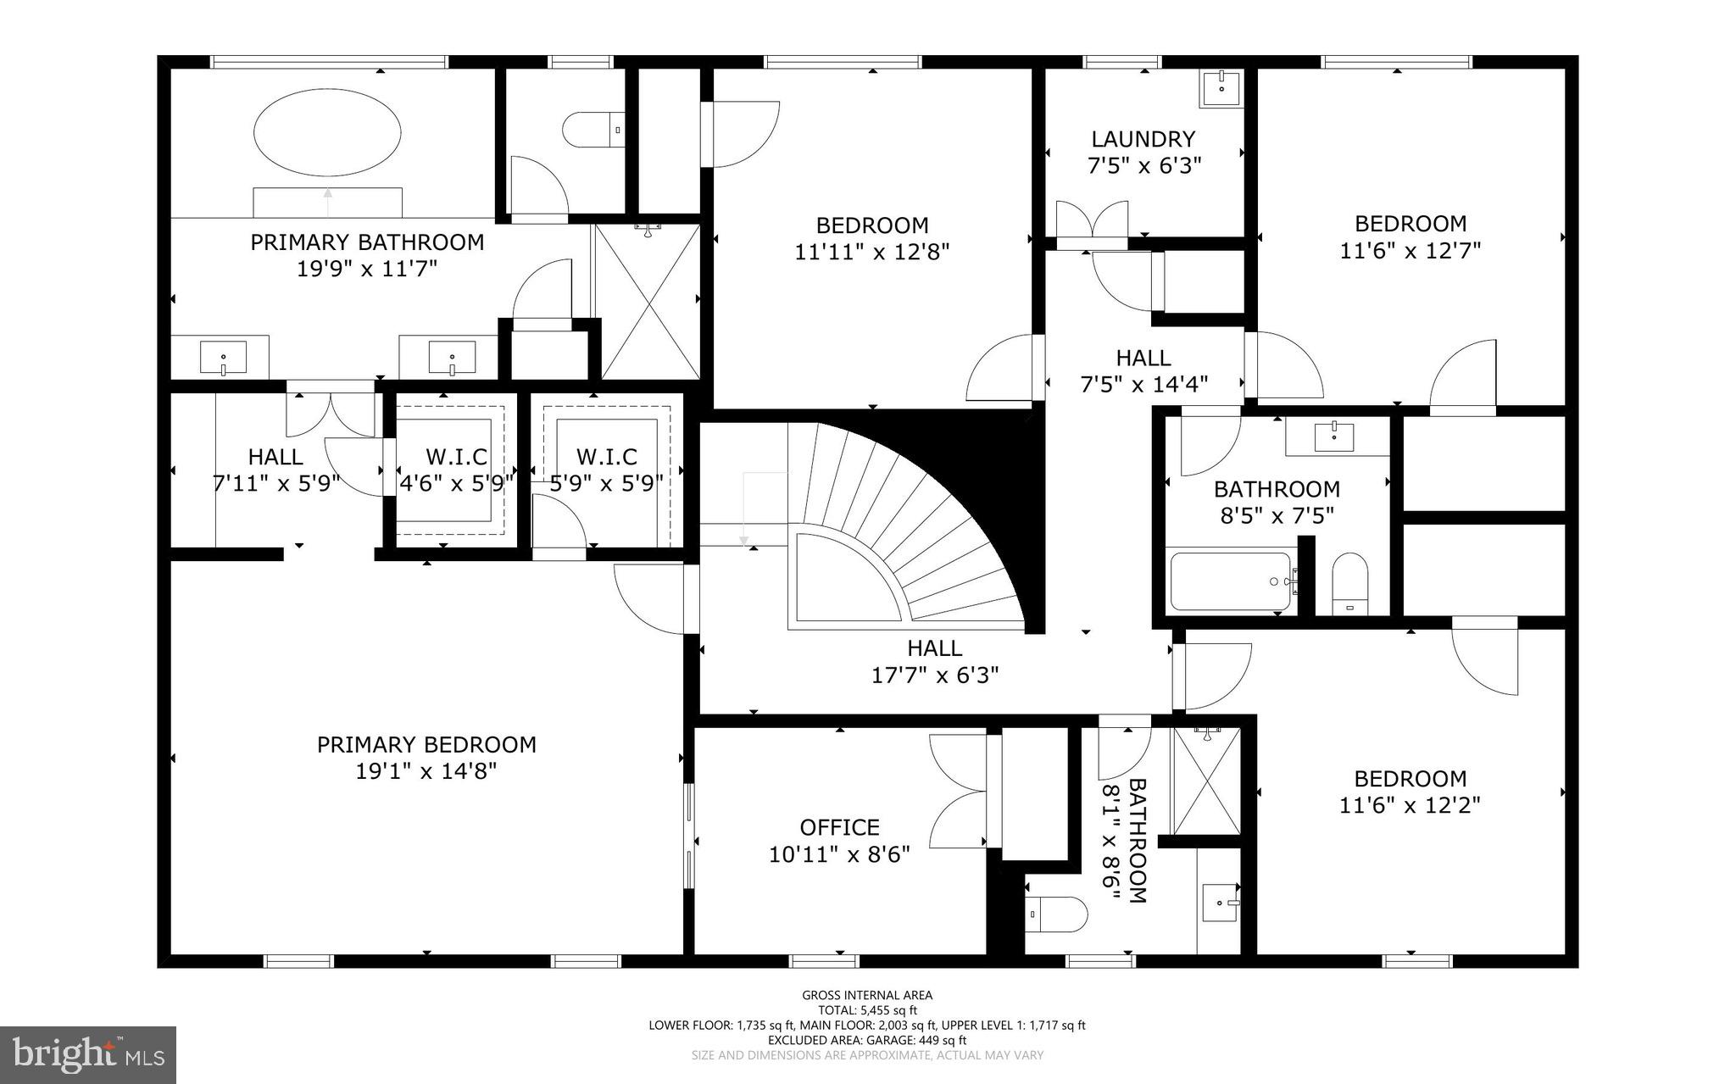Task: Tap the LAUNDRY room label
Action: coord(1143,139)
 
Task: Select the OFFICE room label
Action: coord(839,827)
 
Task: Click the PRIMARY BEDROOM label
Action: coord(426,745)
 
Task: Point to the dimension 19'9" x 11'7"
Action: coord(367,270)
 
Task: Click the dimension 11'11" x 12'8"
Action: coord(872,253)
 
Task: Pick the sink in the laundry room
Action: coord(1221,89)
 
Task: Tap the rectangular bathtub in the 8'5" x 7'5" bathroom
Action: coord(1232,581)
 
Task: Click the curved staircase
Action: coord(907,525)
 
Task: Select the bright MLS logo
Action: coord(88,1054)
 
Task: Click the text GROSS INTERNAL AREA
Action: coord(867,996)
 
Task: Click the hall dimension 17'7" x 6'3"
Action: coord(935,675)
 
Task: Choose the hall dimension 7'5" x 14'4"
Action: coord(1143,385)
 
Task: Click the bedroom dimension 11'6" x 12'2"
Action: coord(1410,805)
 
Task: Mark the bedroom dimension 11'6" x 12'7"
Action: coord(1410,251)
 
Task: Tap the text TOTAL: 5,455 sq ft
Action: coord(867,1010)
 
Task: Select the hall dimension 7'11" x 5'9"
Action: coord(275,484)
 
